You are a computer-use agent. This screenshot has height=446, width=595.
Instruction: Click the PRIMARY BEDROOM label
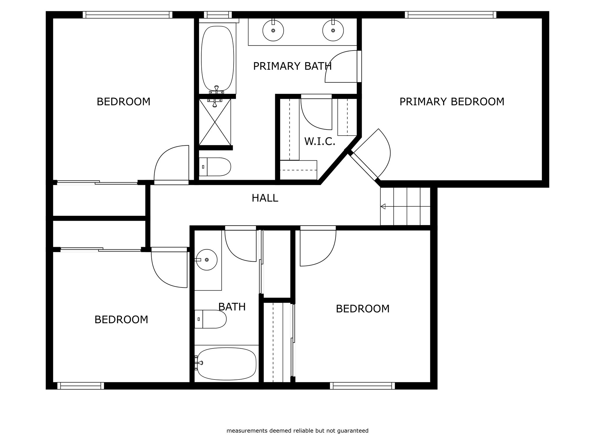[x=452, y=102]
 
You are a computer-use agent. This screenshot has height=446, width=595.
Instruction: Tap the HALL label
[x=265, y=198]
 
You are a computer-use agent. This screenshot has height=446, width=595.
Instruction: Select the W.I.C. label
[x=320, y=141]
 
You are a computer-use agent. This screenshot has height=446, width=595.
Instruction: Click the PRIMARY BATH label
[x=292, y=66]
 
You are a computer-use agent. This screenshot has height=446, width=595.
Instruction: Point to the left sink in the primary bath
[x=273, y=30]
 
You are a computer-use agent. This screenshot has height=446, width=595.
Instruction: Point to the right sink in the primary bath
[x=333, y=30]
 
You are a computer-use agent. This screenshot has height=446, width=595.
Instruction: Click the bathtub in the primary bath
[x=217, y=58]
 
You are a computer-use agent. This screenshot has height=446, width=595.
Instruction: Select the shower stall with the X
[x=215, y=122]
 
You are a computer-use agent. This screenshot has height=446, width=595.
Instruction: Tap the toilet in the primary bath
[x=215, y=167]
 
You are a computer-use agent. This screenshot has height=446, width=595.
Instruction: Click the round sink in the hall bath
[x=207, y=260]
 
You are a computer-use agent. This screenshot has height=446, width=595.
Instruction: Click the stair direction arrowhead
[x=383, y=206]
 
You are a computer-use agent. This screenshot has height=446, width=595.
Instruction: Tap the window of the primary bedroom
[x=450, y=15]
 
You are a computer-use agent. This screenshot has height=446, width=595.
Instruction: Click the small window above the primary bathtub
[x=218, y=15]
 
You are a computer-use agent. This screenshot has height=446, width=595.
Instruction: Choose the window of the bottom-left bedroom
[x=80, y=386]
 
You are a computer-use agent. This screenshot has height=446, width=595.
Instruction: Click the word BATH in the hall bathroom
[x=232, y=307]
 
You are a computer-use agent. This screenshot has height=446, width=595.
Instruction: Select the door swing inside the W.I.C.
[x=316, y=113]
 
